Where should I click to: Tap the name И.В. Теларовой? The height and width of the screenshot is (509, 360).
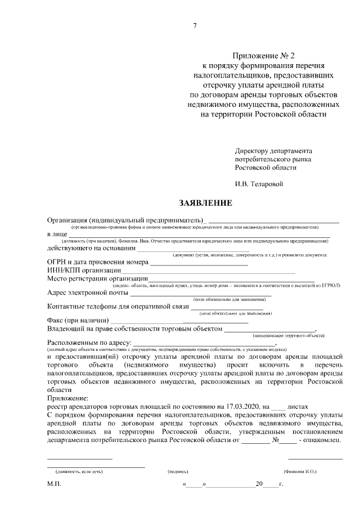point(259,183)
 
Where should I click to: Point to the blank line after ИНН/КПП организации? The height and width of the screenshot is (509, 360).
point(208,272)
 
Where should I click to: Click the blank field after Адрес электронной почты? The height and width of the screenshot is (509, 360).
point(200,294)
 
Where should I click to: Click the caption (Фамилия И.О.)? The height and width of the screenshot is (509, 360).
point(300,471)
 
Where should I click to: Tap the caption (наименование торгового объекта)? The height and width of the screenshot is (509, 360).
point(288,335)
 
